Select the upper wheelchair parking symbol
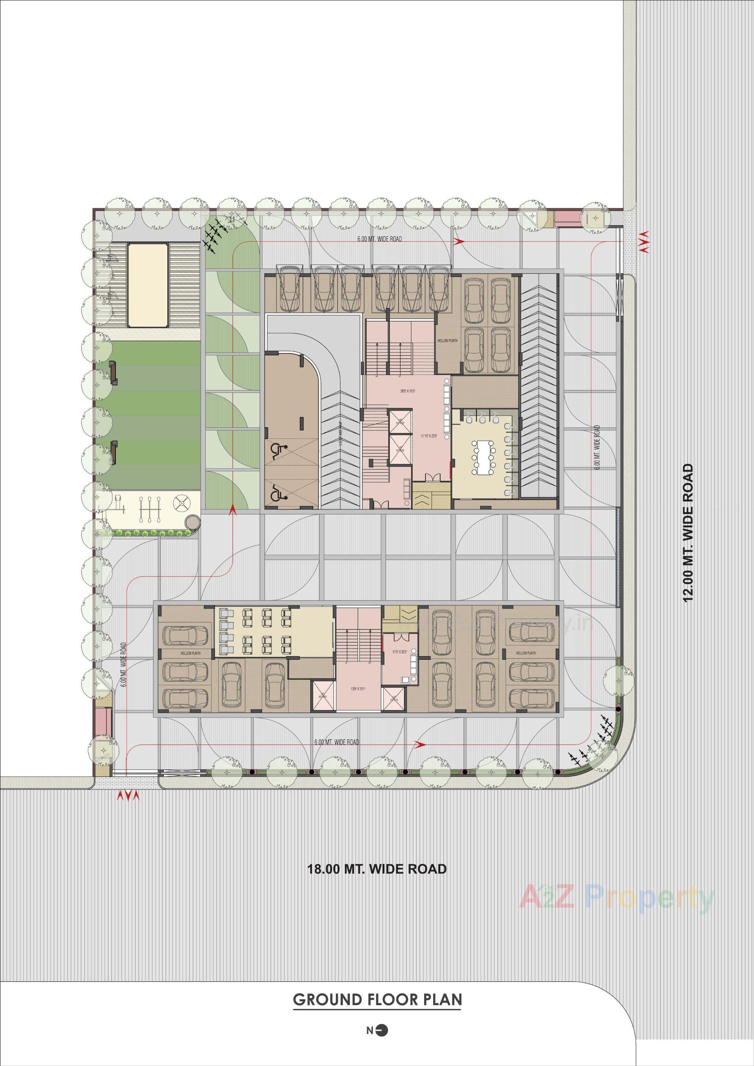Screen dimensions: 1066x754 click(278, 450)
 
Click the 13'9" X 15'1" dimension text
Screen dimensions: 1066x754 click(358, 689)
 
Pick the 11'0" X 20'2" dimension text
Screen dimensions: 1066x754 click(399, 652)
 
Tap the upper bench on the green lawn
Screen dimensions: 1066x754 click(113, 373)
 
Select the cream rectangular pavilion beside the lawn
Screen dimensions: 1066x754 click(148, 286)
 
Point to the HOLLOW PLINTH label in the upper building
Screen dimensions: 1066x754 click(447, 340)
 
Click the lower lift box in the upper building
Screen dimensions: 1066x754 click(400, 449)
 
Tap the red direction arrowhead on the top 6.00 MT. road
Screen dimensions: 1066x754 click(459, 241)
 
